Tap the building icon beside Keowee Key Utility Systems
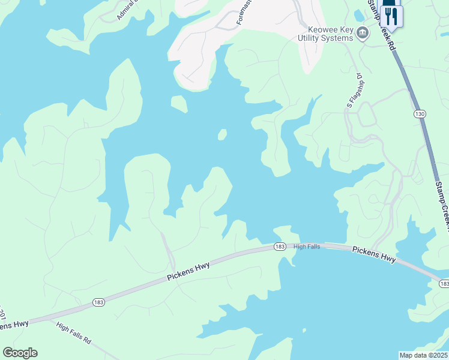click(x=363, y=33)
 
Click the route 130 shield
click(x=419, y=113)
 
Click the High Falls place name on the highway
click(x=309, y=246)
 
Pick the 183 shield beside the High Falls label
click(x=280, y=247)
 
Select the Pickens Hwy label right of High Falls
click(x=374, y=254)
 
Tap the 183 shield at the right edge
click(x=444, y=283)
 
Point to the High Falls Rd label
click(x=73, y=332)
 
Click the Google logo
click(x=20, y=352)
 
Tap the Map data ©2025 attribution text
click(x=424, y=355)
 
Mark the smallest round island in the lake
click(x=222, y=134)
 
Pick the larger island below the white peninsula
click(x=178, y=104)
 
